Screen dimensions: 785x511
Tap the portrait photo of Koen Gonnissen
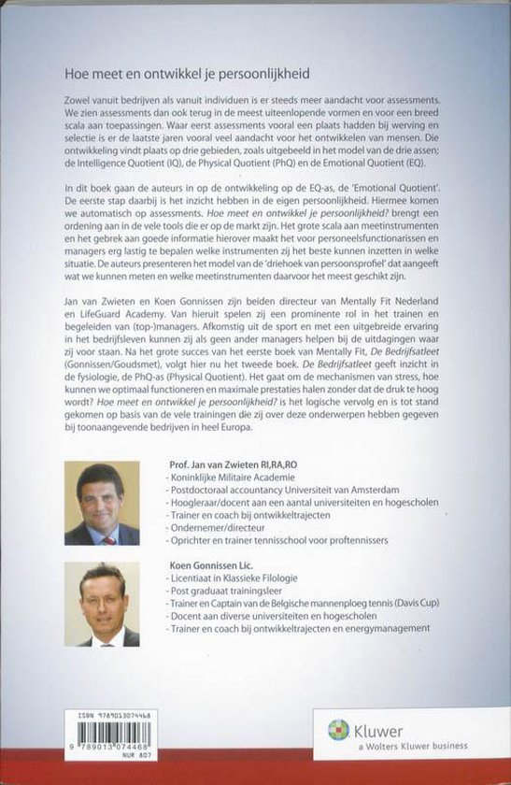click(102, 605)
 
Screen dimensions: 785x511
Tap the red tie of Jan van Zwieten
click(107, 536)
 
